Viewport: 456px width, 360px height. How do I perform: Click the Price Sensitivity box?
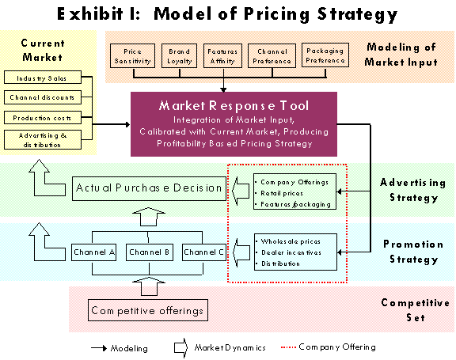133,56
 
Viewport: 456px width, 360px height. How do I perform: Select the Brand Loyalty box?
180,56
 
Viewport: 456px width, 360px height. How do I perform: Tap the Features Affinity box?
222,56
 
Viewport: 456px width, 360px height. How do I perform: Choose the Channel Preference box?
272,56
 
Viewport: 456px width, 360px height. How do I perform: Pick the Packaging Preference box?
325,55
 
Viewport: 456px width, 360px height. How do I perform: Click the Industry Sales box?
43,78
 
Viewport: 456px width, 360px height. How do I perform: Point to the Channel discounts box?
43,97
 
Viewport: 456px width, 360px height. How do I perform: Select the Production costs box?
43,117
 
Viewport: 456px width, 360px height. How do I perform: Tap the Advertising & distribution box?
43,140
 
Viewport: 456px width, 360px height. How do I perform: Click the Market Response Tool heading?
234,106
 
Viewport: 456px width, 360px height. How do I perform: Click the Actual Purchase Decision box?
149,188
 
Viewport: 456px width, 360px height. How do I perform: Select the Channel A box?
93,252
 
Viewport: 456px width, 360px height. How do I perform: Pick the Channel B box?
150,252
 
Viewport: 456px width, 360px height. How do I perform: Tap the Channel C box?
204,252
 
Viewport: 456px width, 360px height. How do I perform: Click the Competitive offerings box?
148,310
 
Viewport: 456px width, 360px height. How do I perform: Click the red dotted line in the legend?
288,347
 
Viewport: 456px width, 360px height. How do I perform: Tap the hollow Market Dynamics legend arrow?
180,348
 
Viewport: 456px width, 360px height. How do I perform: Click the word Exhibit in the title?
90,14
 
